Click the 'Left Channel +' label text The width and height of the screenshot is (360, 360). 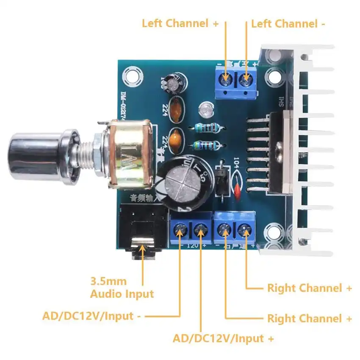(x=180, y=23)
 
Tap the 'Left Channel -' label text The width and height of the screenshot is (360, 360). (x=288, y=23)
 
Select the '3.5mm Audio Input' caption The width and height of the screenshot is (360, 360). (x=122, y=287)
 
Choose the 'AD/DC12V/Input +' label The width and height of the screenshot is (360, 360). (x=223, y=338)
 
